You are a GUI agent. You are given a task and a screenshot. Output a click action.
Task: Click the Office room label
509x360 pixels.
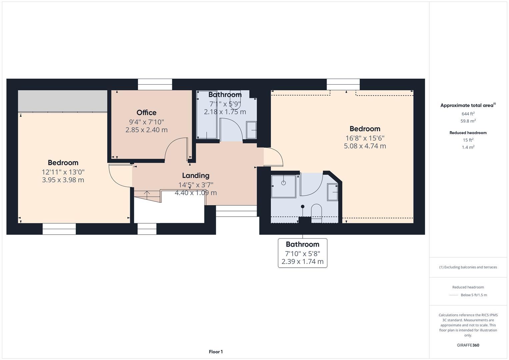tap(146, 113)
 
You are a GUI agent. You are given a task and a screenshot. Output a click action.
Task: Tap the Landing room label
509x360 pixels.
tap(196, 175)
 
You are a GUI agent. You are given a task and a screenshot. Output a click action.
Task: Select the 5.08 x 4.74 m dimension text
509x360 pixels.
tap(365, 146)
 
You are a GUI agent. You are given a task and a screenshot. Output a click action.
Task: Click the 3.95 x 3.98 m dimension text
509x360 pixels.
tap(63, 180)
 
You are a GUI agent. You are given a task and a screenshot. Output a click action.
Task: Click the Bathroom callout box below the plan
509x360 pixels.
tap(302, 253)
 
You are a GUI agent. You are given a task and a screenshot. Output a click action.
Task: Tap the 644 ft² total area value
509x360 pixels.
tap(468, 114)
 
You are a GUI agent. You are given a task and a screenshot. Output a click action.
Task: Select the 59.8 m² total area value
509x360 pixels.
tap(468, 121)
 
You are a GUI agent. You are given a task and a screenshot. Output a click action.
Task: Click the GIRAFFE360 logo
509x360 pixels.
tap(468, 345)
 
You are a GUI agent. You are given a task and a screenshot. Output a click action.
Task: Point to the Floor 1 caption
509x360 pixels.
tap(216, 352)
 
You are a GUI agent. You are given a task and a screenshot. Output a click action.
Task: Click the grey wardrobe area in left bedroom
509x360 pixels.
tap(62, 101)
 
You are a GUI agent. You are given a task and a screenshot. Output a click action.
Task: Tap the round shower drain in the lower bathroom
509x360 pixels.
tap(283, 183)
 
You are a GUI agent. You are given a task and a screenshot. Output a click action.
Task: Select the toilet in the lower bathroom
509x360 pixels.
tap(316, 213)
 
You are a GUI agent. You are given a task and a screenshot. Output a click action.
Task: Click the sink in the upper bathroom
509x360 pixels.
tap(251, 130)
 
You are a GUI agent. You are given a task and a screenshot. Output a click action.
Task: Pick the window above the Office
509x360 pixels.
tap(155, 85)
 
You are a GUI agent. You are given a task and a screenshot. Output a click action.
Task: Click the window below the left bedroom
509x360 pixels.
tap(59, 229)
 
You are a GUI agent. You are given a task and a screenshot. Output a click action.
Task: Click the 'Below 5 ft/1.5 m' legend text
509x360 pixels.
tap(474, 295)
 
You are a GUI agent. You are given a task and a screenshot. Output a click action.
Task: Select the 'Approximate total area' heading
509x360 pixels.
tap(468, 105)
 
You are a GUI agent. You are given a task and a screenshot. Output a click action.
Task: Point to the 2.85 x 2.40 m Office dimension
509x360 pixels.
tap(146, 130)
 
